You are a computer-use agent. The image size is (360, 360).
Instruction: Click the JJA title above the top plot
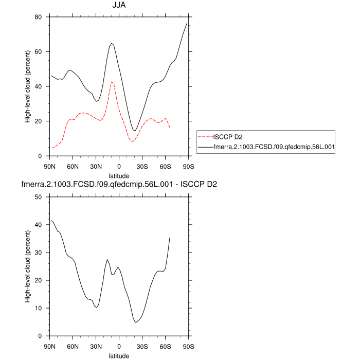(119, 7)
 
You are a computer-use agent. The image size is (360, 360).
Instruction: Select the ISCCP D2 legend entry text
(228, 137)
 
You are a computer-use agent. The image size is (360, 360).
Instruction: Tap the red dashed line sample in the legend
(206, 137)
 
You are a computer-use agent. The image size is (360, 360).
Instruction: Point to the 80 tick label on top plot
(38, 17)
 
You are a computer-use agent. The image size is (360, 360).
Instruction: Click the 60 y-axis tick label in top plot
(38, 52)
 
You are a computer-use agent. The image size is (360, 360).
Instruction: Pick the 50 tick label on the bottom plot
(38, 197)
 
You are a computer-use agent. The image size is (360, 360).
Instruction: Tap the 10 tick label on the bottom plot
(38, 309)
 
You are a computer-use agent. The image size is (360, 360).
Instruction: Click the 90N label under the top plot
(49, 166)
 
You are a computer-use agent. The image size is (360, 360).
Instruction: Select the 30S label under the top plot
(142, 166)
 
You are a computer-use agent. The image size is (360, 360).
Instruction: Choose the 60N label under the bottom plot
(73, 346)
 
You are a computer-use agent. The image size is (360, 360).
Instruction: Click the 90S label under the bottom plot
(189, 346)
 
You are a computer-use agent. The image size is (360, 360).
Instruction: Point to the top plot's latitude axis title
(119, 176)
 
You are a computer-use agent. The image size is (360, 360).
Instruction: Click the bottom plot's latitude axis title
(119, 355)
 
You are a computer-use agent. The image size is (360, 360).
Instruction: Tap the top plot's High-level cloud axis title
(28, 86)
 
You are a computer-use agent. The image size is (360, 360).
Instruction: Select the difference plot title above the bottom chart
(119, 185)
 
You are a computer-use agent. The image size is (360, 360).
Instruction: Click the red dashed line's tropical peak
(112, 82)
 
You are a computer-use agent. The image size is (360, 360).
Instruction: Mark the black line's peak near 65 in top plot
(112, 43)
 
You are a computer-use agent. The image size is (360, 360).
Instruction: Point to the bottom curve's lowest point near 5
(135, 322)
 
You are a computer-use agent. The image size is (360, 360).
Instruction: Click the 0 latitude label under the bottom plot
(119, 346)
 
